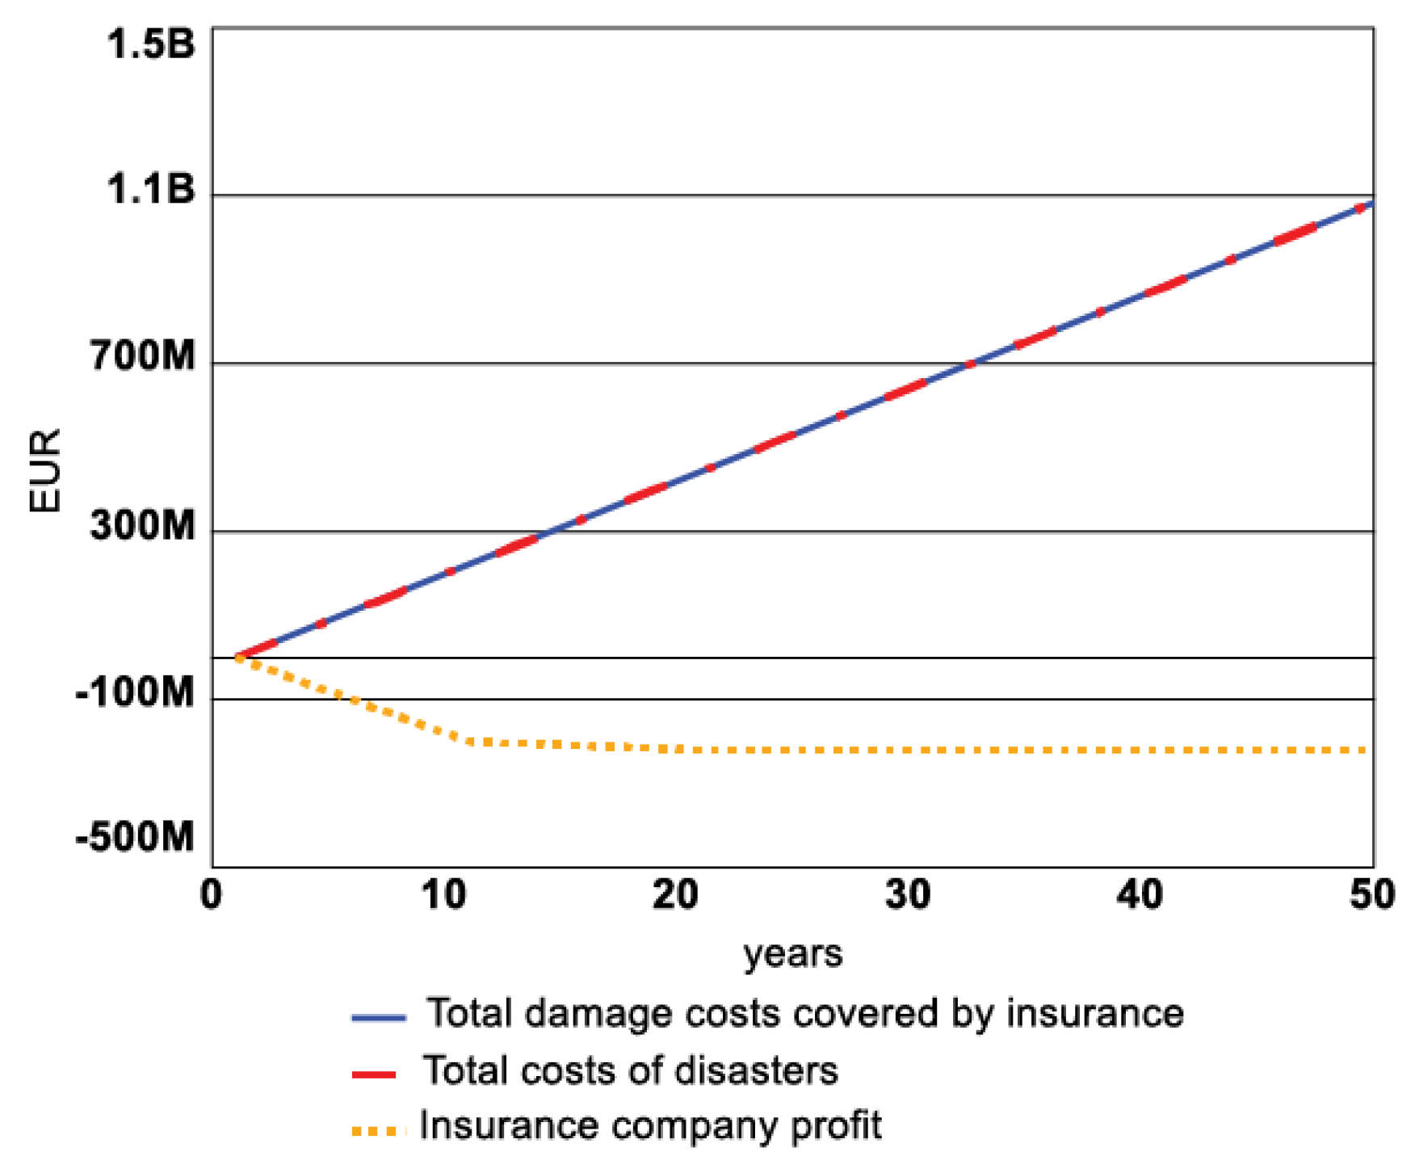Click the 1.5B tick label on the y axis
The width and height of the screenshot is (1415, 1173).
(150, 44)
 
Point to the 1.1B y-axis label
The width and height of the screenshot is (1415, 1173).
(150, 190)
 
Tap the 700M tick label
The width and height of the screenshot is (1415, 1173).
(142, 355)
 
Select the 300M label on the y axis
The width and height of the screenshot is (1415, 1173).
(142, 526)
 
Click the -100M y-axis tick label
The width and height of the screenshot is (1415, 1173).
(135, 693)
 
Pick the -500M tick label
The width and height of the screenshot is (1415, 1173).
(135, 838)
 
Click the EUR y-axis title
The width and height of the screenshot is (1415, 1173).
(45, 471)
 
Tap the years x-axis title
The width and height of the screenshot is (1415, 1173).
(792, 954)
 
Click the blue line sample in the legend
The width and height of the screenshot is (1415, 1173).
(378, 1017)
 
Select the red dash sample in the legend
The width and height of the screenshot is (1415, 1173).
(374, 1074)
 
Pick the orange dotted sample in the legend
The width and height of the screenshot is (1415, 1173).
(378, 1132)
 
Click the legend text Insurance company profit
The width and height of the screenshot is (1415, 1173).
(651, 1126)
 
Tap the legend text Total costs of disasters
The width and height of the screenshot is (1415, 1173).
(631, 1070)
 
